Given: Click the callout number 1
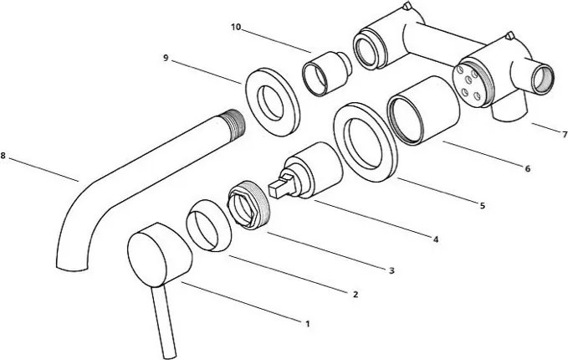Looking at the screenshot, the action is pyautogui.click(x=308, y=324).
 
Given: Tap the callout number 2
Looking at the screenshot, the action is pyautogui.click(x=356, y=295).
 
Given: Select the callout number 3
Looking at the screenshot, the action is pyautogui.click(x=391, y=270).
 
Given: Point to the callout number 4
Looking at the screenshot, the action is pyautogui.click(x=436, y=239).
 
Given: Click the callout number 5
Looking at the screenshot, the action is pyautogui.click(x=482, y=206).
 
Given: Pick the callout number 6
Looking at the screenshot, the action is pyautogui.click(x=527, y=168).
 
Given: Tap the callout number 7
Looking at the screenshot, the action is pyautogui.click(x=565, y=135).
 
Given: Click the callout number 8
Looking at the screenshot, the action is pyautogui.click(x=3, y=156).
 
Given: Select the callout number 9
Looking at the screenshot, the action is pyautogui.click(x=166, y=58).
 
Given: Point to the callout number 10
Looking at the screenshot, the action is pyautogui.click(x=236, y=27).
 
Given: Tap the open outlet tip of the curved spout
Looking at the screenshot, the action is pyautogui.click(x=73, y=268).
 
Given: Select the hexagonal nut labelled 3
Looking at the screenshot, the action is pyautogui.click(x=248, y=204).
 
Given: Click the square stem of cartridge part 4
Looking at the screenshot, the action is pyautogui.click(x=281, y=186).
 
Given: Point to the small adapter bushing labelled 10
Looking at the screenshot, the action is pyautogui.click(x=325, y=74).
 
